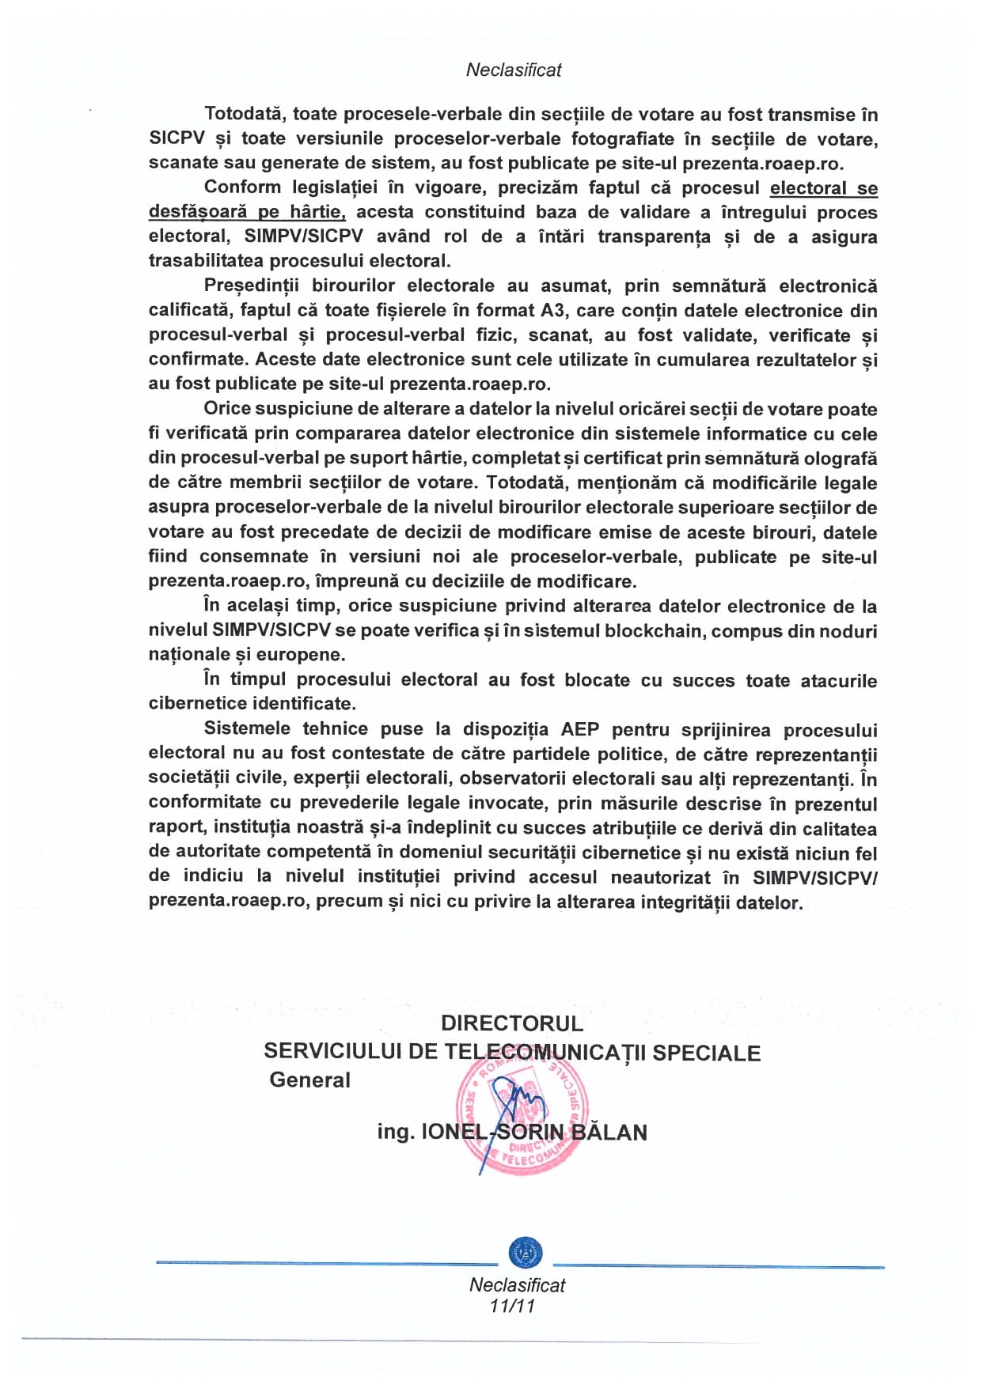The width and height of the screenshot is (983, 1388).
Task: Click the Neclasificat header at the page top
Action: click(x=514, y=70)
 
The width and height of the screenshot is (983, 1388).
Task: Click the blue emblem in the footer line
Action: click(x=525, y=1251)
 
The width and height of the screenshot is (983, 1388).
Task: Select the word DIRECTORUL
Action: click(x=512, y=1023)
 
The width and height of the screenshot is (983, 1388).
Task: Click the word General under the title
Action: click(x=309, y=1080)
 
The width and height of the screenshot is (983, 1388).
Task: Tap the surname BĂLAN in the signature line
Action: click(x=609, y=1133)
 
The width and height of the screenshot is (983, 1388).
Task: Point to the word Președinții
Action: click(x=252, y=286)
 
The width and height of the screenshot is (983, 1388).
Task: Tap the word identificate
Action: click(x=304, y=704)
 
